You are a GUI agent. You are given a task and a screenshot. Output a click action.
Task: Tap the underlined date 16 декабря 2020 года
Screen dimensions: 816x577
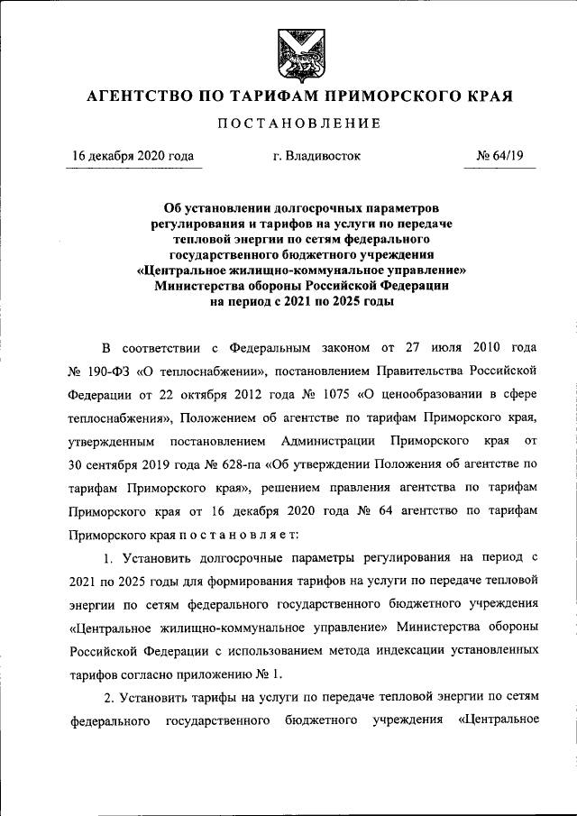pyautogui.click(x=133, y=156)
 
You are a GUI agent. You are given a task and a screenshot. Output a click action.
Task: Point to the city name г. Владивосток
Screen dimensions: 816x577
pyautogui.click(x=316, y=156)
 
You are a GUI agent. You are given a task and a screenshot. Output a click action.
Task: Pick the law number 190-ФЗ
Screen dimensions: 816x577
pyautogui.click(x=109, y=371)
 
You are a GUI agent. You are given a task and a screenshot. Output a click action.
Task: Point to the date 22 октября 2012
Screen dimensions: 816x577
pyautogui.click(x=204, y=395)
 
